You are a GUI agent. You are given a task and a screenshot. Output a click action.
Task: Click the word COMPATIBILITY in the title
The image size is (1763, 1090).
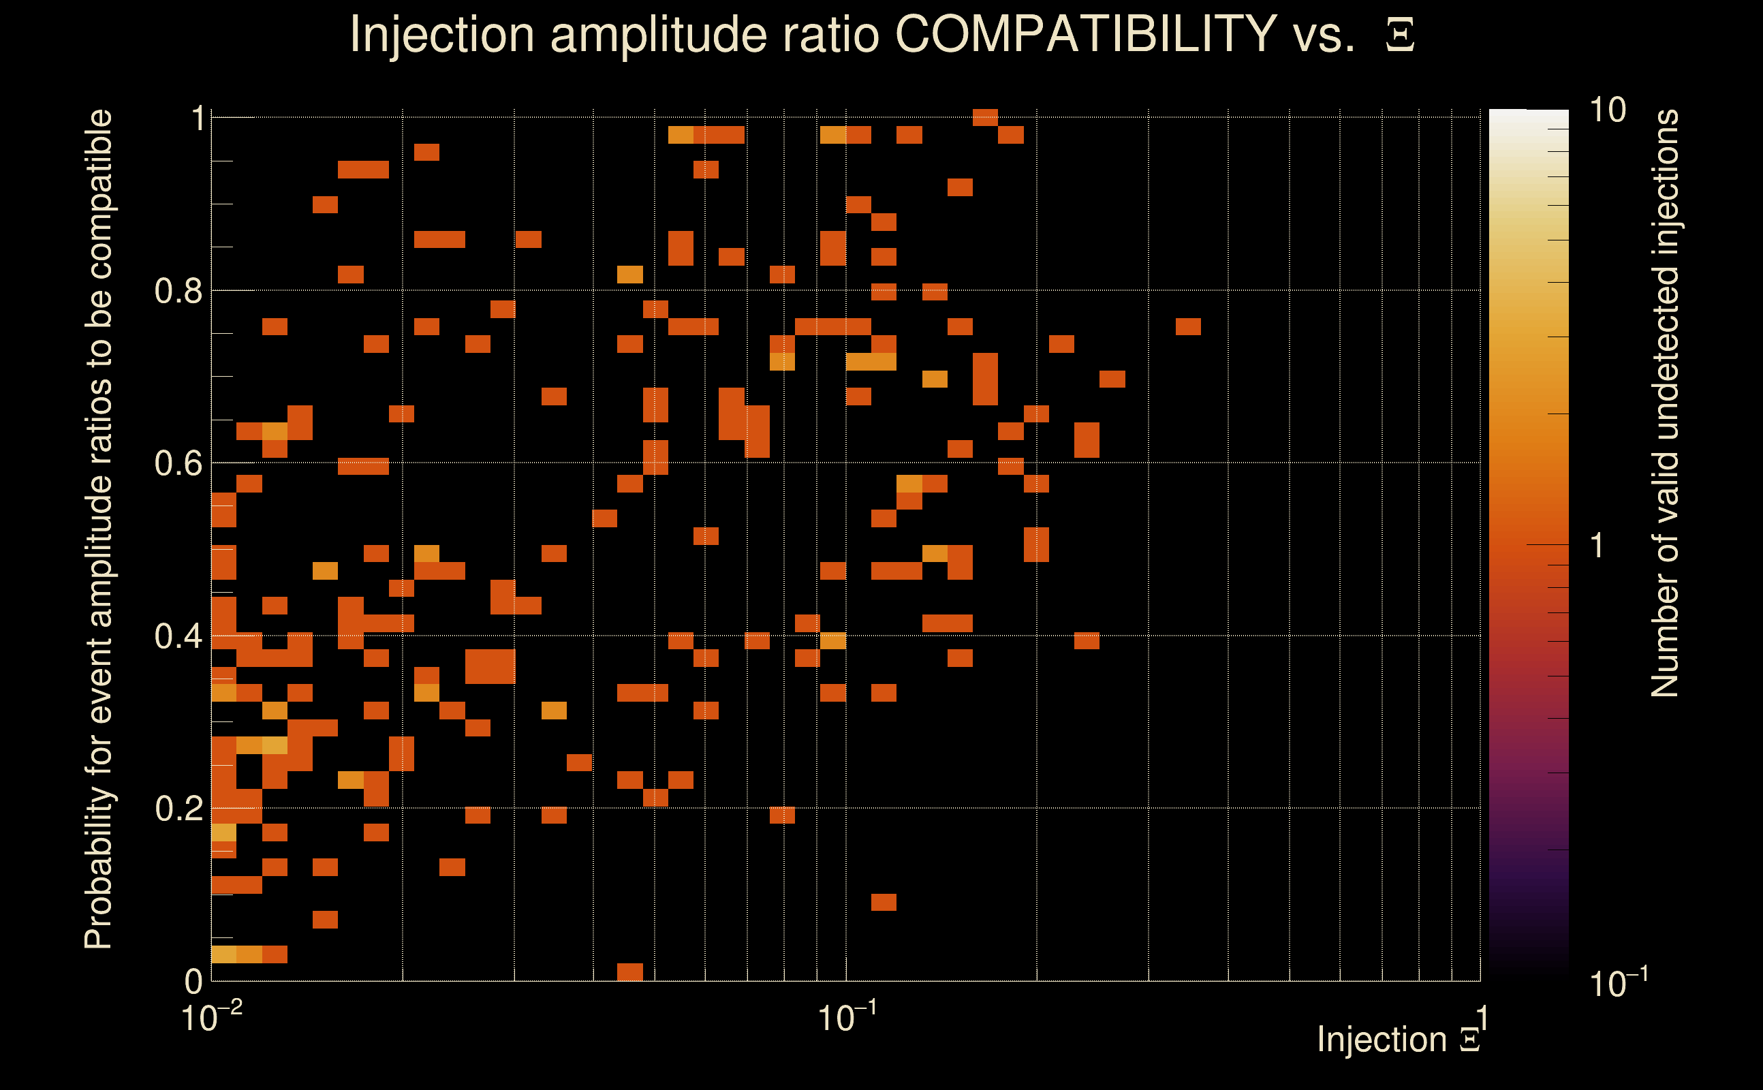(1085, 34)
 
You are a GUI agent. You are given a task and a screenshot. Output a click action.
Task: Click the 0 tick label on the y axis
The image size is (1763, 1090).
(193, 981)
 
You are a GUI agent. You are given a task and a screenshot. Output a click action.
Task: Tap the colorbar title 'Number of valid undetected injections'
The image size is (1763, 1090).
(1664, 404)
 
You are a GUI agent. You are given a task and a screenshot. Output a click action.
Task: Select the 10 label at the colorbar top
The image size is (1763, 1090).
(1607, 110)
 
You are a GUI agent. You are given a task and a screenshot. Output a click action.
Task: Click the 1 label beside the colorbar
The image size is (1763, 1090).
(1597, 546)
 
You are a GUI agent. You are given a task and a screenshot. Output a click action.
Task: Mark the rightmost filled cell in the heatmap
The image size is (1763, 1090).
(1188, 326)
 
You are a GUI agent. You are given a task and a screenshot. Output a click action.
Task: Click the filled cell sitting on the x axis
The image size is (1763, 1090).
(630, 971)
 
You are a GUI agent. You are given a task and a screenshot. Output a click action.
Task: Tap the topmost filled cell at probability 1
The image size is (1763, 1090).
(985, 117)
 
